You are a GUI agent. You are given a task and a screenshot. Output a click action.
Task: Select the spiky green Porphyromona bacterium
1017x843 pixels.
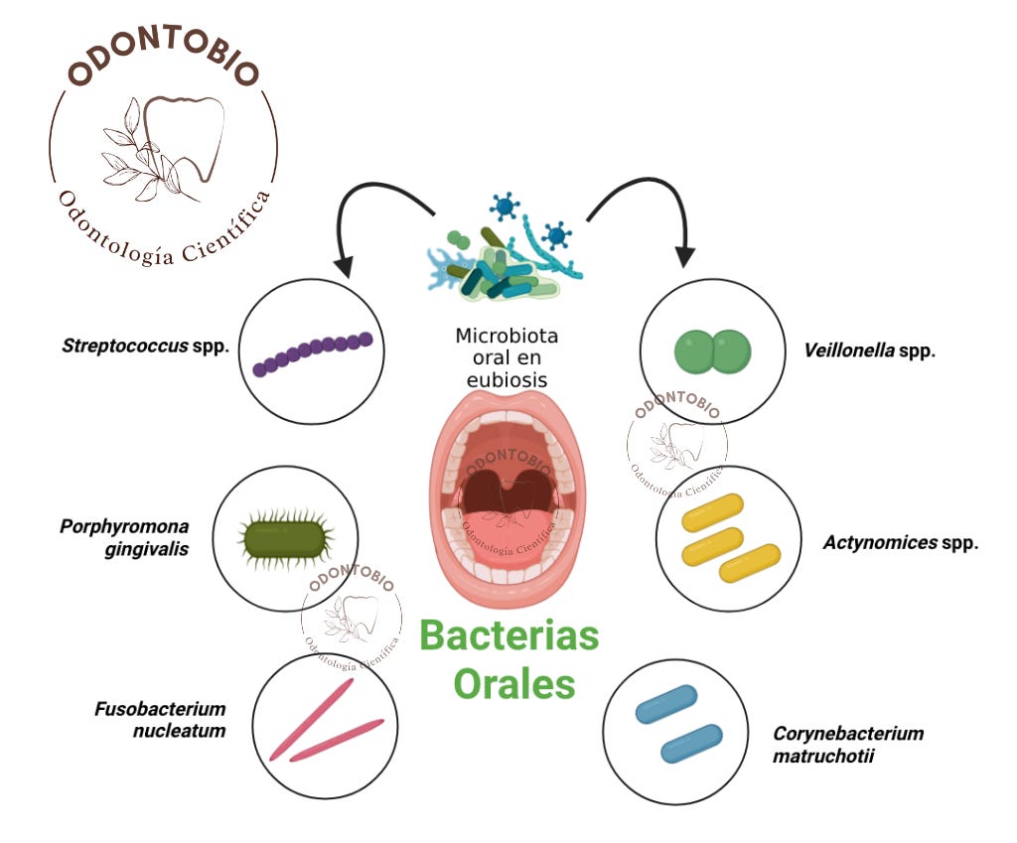286,538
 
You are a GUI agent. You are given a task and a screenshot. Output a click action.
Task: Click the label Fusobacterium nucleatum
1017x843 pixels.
161,720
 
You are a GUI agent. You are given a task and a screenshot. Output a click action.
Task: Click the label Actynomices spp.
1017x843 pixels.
901,543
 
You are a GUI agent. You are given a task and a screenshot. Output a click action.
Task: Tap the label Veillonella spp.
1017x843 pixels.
869,350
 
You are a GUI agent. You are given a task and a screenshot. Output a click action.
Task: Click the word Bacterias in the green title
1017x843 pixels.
508,635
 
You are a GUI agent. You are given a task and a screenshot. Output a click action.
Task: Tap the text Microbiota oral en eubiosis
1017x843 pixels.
507,357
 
